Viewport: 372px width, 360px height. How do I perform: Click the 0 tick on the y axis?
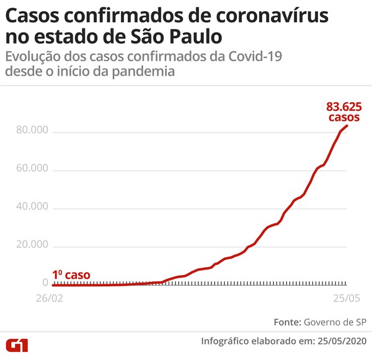pyautogui.click(x=45, y=283)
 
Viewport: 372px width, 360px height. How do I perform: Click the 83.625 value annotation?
pyautogui.click(x=340, y=106)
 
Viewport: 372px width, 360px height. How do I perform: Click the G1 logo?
pyautogui.click(x=17, y=345)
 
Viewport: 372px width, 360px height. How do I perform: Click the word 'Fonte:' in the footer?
pyautogui.click(x=286, y=322)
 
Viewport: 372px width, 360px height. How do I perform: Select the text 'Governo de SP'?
pyautogui.click(x=335, y=322)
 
